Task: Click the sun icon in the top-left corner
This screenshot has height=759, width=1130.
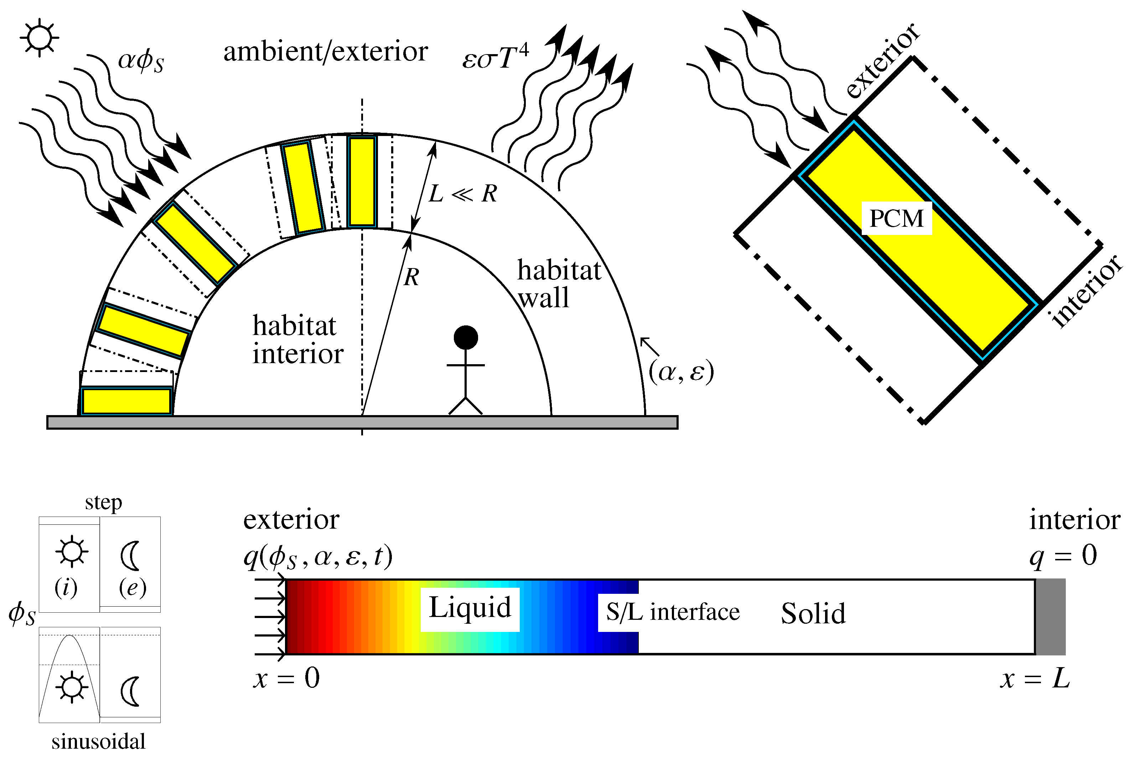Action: (40, 37)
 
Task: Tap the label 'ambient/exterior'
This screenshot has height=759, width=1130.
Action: (326, 51)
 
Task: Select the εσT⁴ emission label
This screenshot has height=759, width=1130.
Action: (495, 57)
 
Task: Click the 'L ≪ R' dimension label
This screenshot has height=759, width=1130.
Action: (462, 194)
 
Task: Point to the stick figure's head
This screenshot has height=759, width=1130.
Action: (466, 337)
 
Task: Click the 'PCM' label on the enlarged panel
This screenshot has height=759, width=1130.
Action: (897, 218)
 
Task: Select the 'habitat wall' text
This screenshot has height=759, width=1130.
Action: (558, 284)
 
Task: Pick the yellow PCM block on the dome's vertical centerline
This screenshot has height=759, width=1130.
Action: (362, 182)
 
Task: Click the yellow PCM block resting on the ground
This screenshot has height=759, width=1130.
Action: (126, 401)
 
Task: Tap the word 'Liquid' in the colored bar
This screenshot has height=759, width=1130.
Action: (470, 608)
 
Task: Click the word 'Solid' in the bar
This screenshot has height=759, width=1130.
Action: (813, 614)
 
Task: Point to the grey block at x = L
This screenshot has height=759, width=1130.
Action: (1050, 616)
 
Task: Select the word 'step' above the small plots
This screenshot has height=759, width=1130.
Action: (103, 502)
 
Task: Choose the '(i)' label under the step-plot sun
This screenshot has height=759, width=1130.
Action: (66, 588)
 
